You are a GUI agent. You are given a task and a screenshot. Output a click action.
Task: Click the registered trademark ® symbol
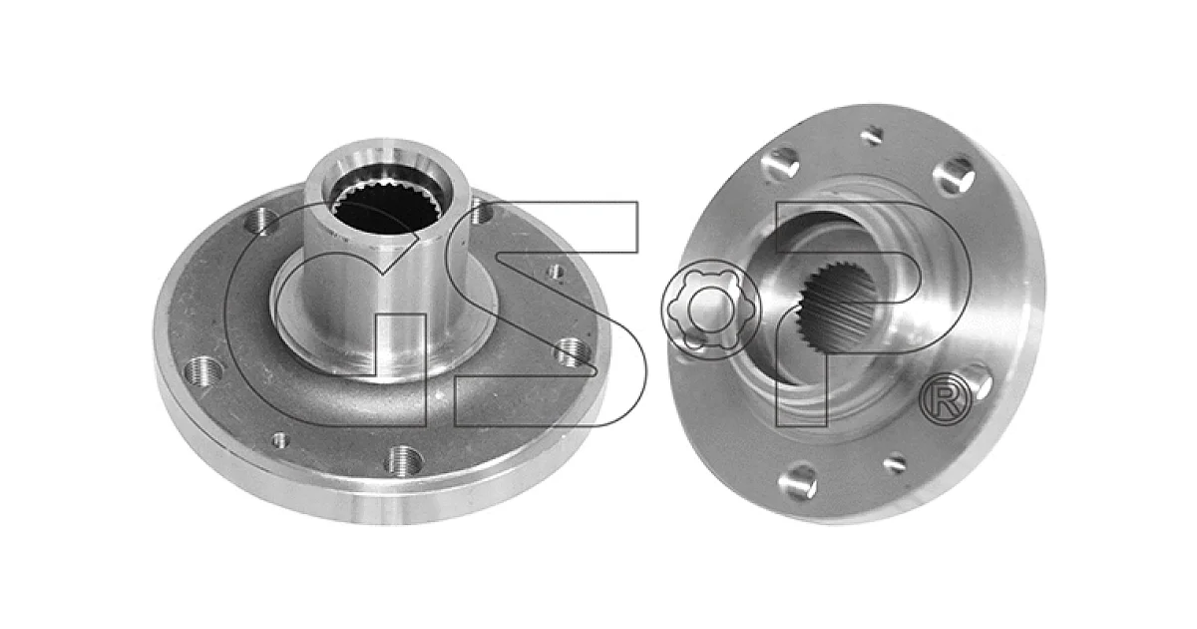tap(945, 398)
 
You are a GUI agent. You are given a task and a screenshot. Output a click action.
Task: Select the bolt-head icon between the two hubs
tap(710, 309)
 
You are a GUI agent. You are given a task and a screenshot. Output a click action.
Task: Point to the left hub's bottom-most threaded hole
tap(404, 459)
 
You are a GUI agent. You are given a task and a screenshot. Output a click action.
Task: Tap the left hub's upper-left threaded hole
tap(260, 220)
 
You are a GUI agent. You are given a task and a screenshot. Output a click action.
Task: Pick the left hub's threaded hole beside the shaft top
tap(481, 213)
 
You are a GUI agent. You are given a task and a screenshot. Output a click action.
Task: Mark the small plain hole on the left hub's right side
tap(556, 272)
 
